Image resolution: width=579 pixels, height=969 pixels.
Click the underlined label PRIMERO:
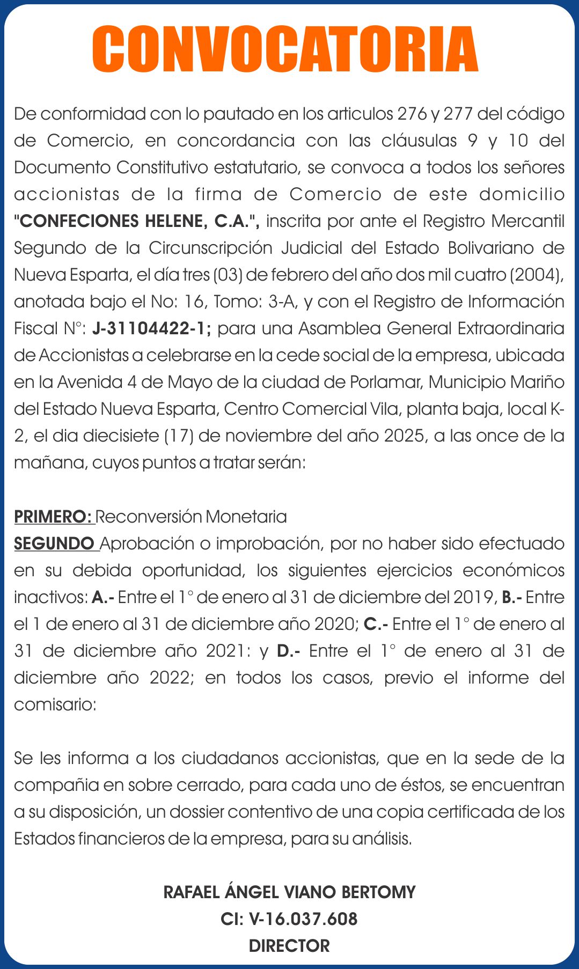tap(54, 517)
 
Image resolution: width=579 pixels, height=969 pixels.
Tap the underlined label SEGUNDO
tap(55, 544)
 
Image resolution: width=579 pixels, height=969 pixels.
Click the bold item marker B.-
tap(511, 597)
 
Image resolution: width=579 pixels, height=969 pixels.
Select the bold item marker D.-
tap(288, 651)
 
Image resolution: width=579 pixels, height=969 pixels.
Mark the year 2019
tap(474, 597)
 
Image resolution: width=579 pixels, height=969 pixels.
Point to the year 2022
tap(170, 678)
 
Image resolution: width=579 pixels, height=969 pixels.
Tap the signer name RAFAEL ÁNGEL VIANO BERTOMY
tap(289, 892)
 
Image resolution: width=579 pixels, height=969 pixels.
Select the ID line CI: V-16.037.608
tap(289, 919)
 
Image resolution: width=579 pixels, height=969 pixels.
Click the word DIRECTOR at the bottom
tap(289, 946)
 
